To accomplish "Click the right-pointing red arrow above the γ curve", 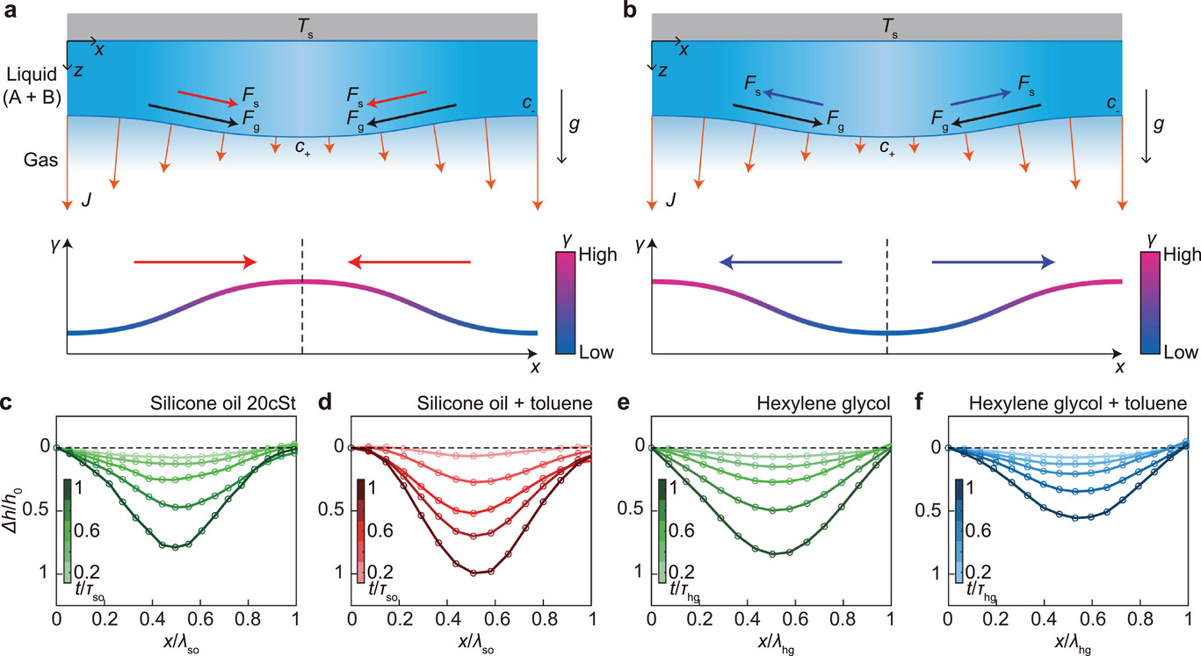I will (x=195, y=261).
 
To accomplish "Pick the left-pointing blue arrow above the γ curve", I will (x=780, y=261).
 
